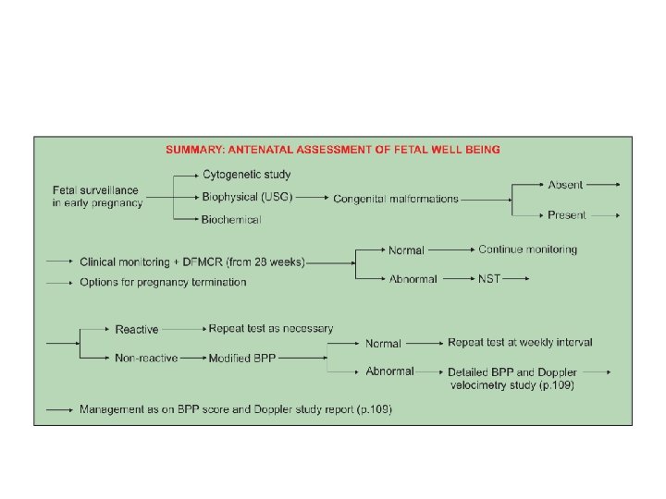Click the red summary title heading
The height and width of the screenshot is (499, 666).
coord(333,148)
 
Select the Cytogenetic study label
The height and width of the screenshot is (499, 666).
coord(246,174)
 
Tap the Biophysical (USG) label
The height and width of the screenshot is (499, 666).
coord(247,196)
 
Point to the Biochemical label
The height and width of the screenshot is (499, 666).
coord(231,219)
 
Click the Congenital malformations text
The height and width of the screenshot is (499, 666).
coord(396,199)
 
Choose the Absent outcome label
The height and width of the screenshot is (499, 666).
coord(565,185)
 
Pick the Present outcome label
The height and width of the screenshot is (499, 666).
coord(566,215)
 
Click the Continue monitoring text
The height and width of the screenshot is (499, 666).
coord(527,249)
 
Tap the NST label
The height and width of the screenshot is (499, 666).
coord(489,278)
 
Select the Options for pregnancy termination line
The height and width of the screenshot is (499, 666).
coord(163,282)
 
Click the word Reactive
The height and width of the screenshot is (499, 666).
coord(137,330)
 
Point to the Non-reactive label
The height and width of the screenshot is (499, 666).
coord(146,359)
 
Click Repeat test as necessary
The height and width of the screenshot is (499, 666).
coord(271,329)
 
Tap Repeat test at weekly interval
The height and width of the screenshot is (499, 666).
coord(520,343)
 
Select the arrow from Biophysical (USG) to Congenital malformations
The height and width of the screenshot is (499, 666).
coord(313,197)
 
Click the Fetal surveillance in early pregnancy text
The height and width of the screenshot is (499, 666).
coord(97,197)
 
